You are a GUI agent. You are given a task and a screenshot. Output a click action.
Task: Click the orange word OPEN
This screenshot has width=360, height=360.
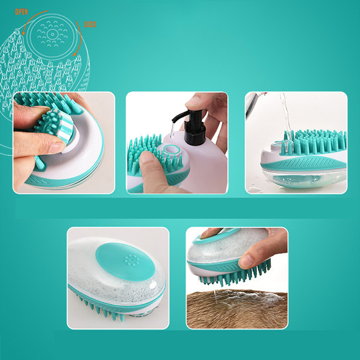[x=21, y=12]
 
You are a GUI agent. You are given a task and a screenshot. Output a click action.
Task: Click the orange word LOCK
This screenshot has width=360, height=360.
[x=90, y=24]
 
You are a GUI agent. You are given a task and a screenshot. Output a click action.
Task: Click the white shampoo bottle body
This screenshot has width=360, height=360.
[x=200, y=161]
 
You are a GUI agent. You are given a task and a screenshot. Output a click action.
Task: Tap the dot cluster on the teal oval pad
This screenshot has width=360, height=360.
[x=131, y=260]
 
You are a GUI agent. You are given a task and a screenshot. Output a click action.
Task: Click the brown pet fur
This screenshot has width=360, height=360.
[x=237, y=310]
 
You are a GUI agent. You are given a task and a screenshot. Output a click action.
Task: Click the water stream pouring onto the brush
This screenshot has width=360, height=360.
[x=285, y=115]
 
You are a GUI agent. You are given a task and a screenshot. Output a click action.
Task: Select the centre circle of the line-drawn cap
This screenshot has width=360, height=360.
[x=52, y=35]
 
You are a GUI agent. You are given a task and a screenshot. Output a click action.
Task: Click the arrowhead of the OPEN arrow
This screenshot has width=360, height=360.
[x=23, y=34]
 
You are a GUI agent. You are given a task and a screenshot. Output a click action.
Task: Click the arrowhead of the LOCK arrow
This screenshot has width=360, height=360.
[x=75, y=54]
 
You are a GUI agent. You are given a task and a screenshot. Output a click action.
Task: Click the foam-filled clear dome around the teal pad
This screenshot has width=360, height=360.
[x=115, y=280]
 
